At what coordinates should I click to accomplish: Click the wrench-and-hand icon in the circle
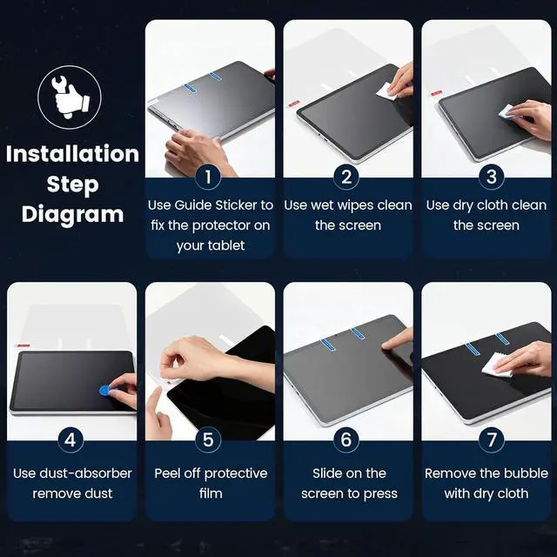point(70,97)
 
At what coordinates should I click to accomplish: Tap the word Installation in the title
point(72,154)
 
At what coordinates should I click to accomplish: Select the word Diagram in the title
point(72,215)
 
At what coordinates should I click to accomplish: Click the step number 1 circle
point(208,177)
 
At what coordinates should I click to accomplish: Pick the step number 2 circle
point(346,177)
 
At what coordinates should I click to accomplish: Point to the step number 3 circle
point(491,177)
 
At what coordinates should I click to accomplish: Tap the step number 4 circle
point(70,440)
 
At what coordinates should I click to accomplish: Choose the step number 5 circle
point(208,440)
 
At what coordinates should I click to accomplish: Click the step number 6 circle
point(346,440)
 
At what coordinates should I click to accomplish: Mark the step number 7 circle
point(491,440)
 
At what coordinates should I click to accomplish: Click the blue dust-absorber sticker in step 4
point(104,391)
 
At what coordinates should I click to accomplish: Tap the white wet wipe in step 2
point(386,91)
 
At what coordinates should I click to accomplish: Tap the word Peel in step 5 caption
point(166,473)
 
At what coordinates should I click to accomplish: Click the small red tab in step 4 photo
point(21,345)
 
